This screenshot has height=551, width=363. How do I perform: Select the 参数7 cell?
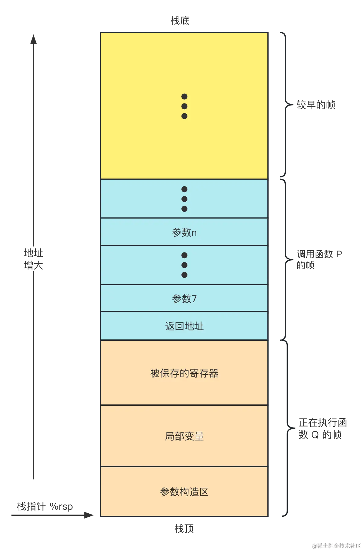(x=184, y=299)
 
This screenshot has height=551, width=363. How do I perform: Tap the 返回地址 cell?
(x=184, y=326)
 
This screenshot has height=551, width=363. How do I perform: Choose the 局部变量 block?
(x=184, y=436)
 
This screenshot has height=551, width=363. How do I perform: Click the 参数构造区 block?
(x=184, y=492)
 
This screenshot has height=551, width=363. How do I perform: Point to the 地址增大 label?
(x=34, y=259)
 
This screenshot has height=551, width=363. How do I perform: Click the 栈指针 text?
(x=31, y=506)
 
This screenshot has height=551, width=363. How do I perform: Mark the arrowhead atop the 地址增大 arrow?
(x=34, y=40)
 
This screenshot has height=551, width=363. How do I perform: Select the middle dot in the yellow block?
(x=184, y=106)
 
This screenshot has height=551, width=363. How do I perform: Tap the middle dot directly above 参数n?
(x=184, y=199)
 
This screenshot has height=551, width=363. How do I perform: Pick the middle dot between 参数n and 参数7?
(x=184, y=265)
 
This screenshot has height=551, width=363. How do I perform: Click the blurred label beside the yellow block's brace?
(x=316, y=105)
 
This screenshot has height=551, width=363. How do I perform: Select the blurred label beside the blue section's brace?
(x=318, y=259)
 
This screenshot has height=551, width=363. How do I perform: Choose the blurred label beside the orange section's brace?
(x=322, y=428)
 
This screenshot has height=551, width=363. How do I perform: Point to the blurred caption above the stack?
(x=180, y=21)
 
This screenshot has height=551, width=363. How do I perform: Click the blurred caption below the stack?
(x=184, y=528)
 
